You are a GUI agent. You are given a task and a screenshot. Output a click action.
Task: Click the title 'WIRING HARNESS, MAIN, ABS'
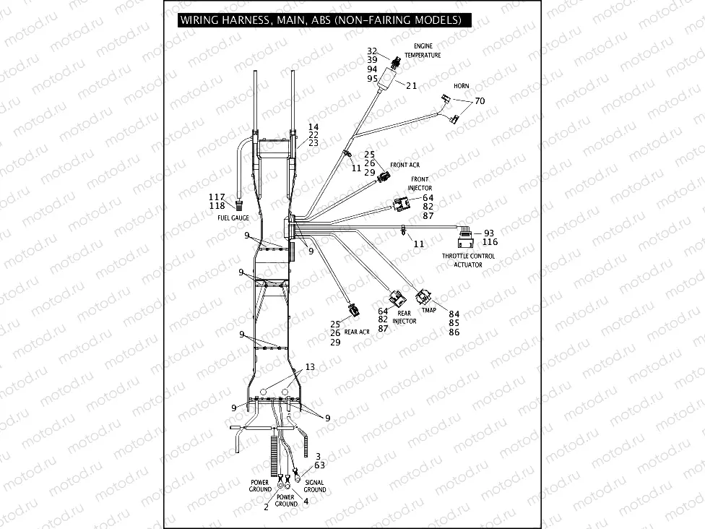321,20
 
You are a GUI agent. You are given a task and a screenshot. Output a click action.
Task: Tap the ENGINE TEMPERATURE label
423,51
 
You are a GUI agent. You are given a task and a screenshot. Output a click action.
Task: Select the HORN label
461,86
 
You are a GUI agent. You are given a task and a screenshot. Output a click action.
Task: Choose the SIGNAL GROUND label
315,486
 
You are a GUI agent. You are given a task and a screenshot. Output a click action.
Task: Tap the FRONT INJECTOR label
420,184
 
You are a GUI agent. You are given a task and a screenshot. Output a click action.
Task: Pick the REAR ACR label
356,331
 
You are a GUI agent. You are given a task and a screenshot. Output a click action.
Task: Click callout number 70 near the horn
479,101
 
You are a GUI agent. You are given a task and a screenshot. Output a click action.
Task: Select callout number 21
411,85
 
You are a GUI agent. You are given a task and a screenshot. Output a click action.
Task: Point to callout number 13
309,367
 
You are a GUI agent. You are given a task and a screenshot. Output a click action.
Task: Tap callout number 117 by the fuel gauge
217,197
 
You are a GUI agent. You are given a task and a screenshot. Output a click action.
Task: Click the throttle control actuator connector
465,232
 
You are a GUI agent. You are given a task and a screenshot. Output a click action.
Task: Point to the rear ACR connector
353,311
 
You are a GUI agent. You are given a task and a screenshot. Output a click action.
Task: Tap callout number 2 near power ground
266,507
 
